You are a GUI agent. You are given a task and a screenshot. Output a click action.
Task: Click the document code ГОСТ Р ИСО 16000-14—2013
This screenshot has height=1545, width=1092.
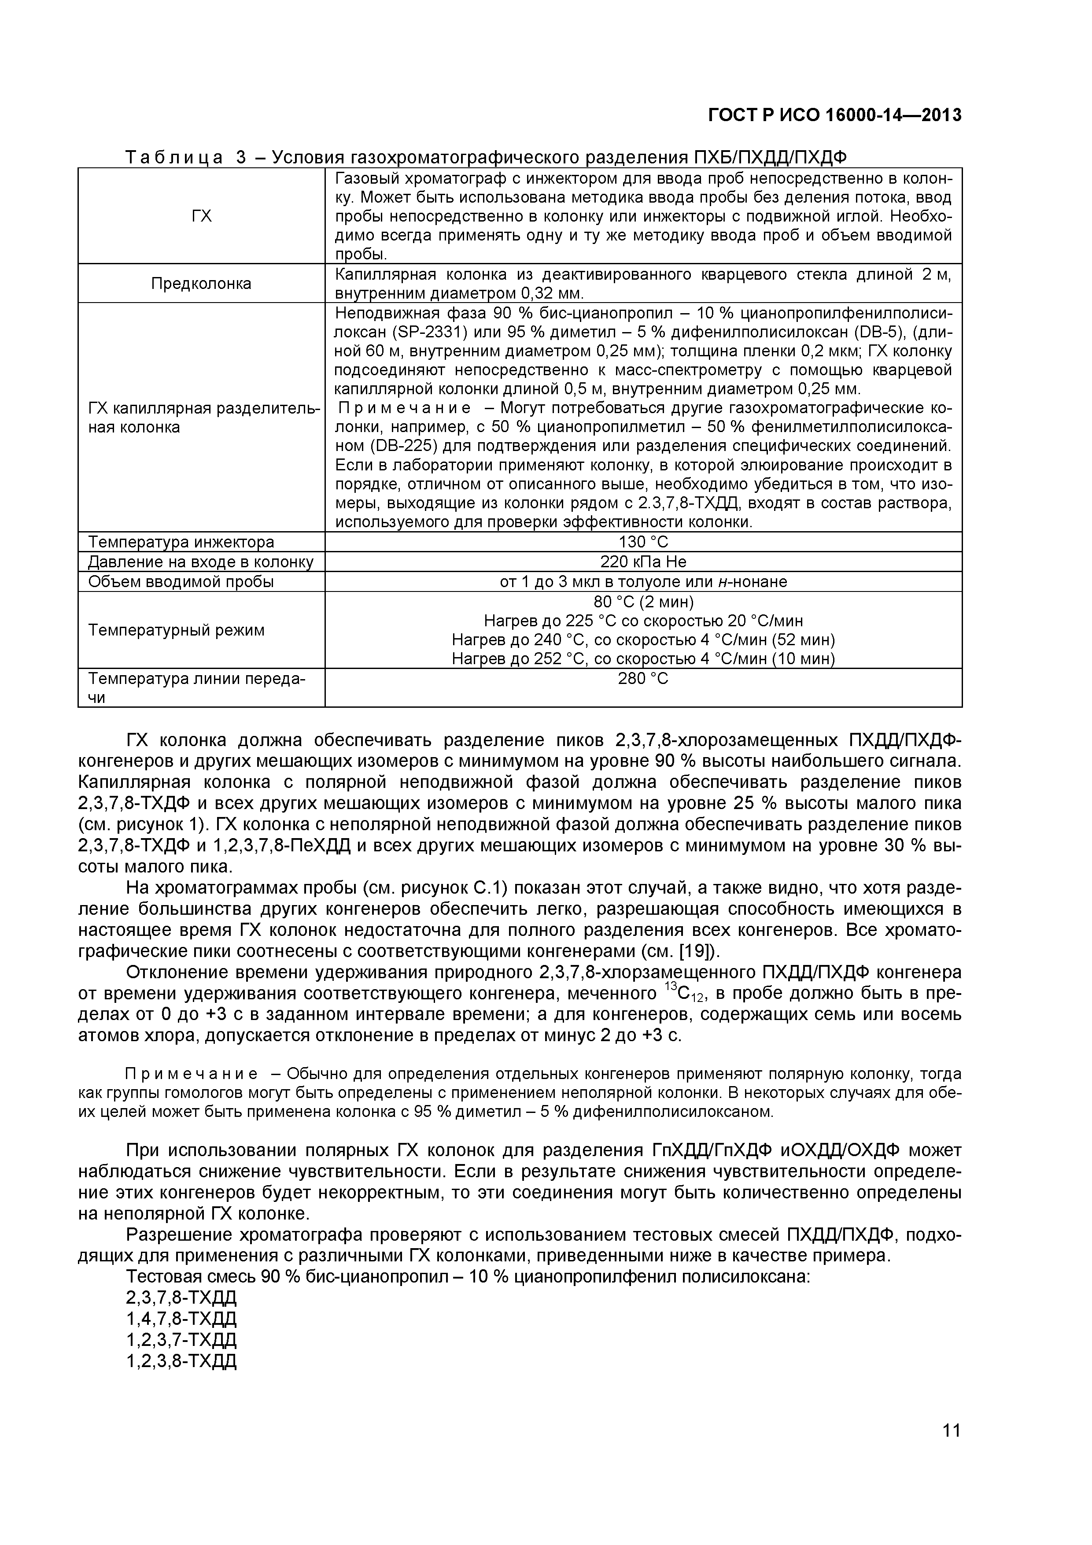834,116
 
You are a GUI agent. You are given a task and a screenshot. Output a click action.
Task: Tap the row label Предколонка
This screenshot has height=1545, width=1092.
201,283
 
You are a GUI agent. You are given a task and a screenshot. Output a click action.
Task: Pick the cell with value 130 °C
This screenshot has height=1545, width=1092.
643,542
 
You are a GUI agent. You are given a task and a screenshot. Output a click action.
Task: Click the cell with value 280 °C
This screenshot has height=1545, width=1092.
643,678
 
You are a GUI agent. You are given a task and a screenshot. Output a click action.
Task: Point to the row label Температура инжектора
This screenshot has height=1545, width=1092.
181,542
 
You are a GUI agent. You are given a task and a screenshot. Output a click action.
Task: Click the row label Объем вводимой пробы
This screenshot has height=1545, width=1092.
181,581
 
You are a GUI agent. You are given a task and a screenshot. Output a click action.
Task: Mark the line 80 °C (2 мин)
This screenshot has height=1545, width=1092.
643,601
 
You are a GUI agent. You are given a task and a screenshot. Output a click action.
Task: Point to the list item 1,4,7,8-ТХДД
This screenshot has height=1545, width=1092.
182,1318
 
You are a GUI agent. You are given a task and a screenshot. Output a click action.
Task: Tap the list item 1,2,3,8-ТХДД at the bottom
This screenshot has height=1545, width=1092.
182,1360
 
